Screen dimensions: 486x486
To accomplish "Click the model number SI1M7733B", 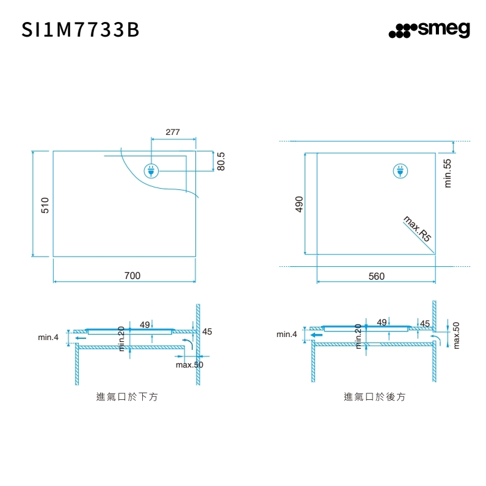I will [x=81, y=31].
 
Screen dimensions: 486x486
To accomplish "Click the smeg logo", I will [x=429, y=31].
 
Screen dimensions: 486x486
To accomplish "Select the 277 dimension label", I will [x=173, y=132].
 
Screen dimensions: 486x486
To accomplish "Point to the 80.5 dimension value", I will [x=221, y=162].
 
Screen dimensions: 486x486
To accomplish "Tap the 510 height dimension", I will [x=45, y=205].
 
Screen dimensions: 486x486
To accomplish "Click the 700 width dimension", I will [x=132, y=276].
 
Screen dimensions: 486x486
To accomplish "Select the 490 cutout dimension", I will [x=299, y=204].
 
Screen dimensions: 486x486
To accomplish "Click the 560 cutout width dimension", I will [x=377, y=277].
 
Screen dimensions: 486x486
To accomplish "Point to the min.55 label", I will [x=447, y=173].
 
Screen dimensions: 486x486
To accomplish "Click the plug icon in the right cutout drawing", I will [x=399, y=172].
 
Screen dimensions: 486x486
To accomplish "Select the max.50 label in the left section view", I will [x=189, y=364].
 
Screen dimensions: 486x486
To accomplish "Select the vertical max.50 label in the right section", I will [x=456, y=336].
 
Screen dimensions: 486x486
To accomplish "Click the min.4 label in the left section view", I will [x=48, y=337].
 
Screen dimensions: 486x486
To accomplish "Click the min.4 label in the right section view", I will [x=287, y=334].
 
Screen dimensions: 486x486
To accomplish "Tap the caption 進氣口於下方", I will [x=127, y=397].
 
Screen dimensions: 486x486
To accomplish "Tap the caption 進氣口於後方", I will [x=374, y=397].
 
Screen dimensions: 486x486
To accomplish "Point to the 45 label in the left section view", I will [x=207, y=332].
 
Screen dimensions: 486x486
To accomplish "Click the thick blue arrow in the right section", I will [x=316, y=335].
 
